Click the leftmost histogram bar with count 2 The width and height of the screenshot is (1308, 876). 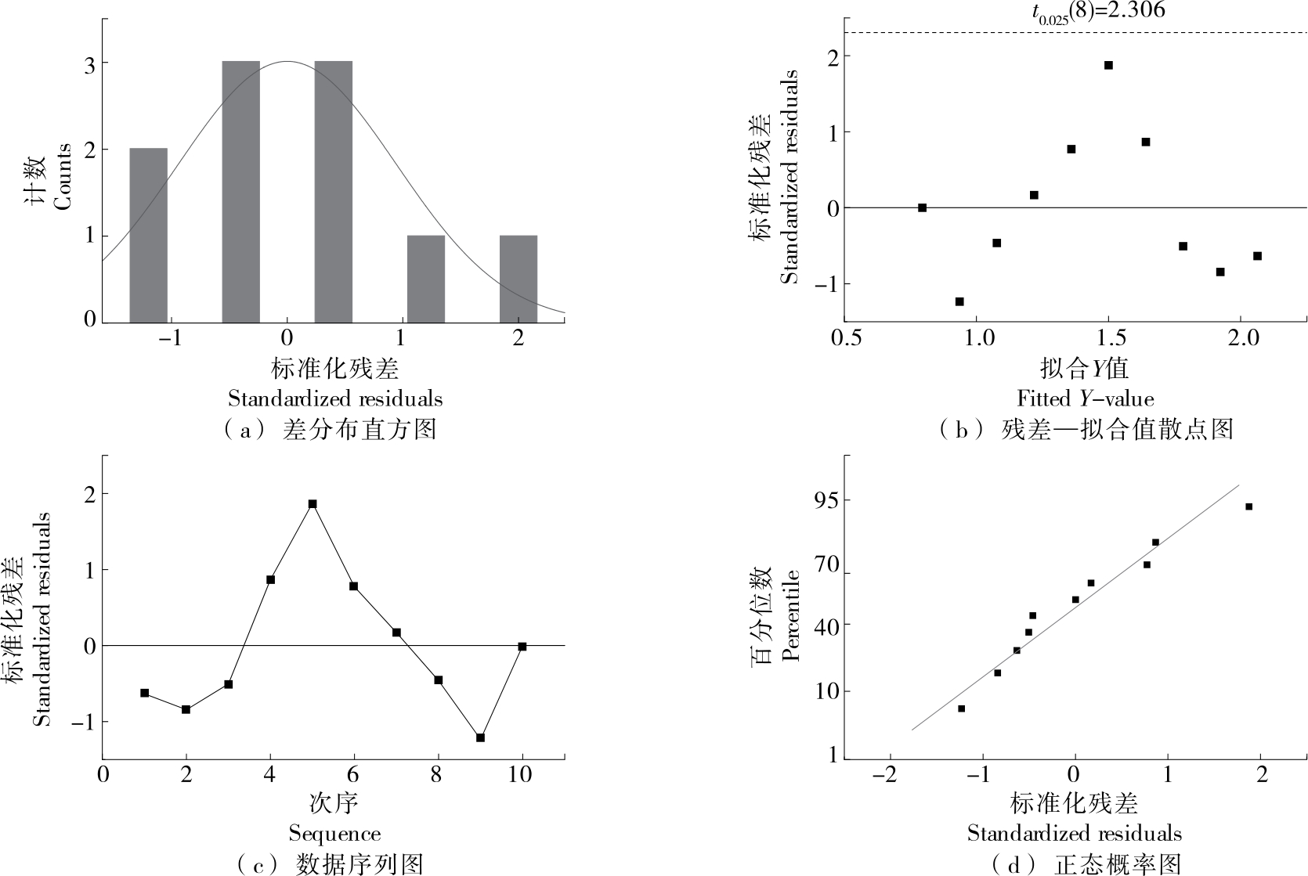[148, 234]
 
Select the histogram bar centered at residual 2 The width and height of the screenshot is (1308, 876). [518, 278]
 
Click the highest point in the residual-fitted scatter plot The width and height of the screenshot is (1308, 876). [1108, 65]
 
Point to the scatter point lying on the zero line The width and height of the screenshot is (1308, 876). [922, 207]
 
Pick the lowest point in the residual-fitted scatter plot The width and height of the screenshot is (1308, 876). [959, 301]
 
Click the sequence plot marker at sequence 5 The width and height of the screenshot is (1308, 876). [312, 504]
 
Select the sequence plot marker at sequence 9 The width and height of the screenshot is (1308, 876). [480, 737]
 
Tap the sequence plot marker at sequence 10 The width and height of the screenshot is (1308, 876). [522, 647]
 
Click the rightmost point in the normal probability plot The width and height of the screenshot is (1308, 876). [1248, 506]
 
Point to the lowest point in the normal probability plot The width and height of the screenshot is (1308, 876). [961, 708]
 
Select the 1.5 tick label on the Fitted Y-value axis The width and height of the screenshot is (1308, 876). [1108, 338]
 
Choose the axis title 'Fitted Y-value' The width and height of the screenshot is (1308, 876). [1085, 398]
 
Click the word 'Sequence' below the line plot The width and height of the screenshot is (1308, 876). [334, 833]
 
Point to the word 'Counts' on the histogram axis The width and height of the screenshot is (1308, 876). [63, 177]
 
